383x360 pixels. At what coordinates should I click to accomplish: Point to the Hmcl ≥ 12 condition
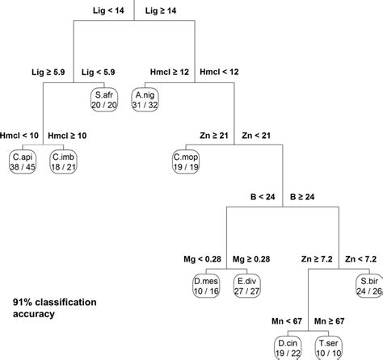171,71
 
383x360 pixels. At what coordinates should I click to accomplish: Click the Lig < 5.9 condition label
103,71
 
